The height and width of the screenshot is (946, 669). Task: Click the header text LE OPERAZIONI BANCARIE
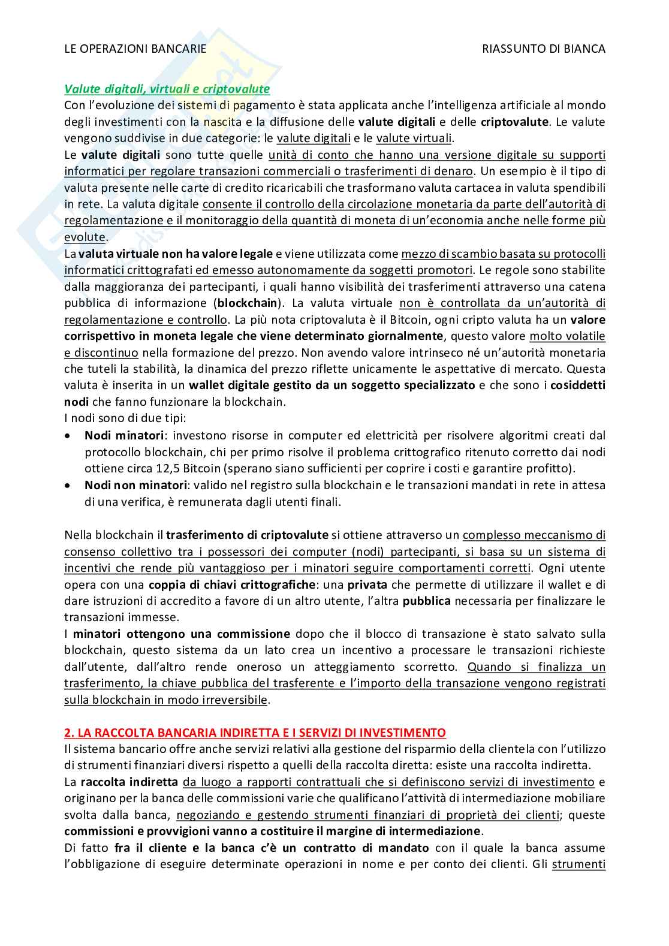tap(135, 49)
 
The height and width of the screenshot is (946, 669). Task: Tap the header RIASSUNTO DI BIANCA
tap(544, 49)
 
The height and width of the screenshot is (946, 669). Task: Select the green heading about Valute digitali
tap(167, 89)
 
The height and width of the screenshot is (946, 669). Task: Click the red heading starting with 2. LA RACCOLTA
tap(255, 733)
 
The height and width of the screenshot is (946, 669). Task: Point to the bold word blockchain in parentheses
tap(248, 303)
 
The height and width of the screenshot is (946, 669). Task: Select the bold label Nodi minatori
tap(123, 435)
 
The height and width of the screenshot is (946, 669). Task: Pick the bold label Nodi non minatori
tap(135, 485)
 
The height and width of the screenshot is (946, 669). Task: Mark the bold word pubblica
tap(426, 601)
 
